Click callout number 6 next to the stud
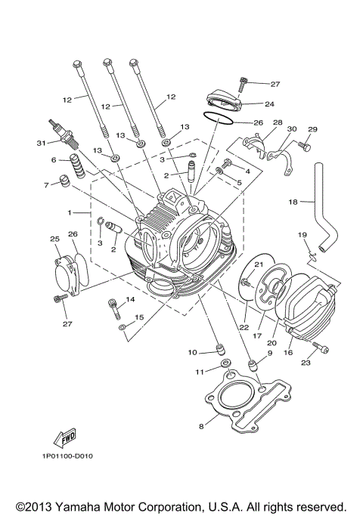(x=54, y=160)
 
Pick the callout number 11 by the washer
(x=201, y=371)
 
